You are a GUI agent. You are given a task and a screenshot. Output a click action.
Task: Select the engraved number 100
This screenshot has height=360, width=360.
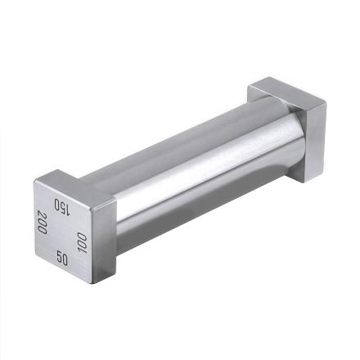82,241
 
